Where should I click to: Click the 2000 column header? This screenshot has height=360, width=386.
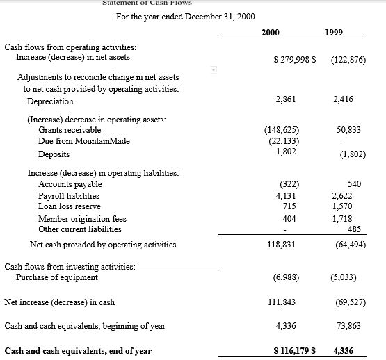point(271,33)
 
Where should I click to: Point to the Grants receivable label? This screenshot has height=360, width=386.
point(70,130)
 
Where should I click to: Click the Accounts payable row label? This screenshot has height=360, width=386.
point(70,184)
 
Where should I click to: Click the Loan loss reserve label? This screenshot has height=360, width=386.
point(70,206)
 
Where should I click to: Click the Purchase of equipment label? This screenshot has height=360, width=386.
point(57,277)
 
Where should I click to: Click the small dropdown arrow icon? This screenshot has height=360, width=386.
point(214,70)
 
